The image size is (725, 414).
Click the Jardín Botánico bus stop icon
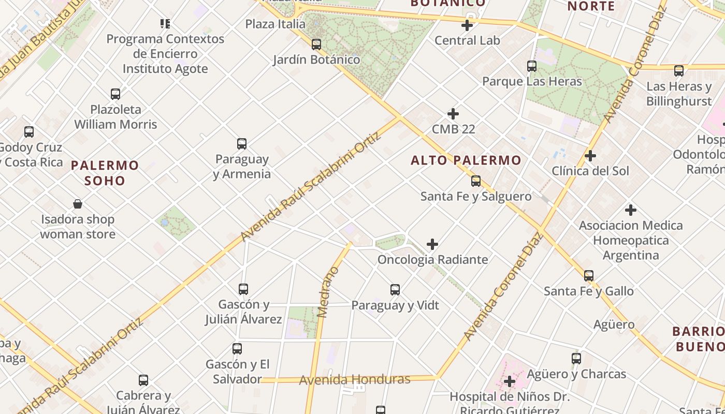click(316, 45)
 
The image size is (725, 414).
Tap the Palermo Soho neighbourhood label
click(105, 173)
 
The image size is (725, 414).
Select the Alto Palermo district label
click(466, 160)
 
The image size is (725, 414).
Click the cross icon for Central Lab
click(467, 25)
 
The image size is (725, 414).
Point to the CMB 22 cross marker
click(453, 114)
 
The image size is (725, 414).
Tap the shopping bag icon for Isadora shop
click(78, 204)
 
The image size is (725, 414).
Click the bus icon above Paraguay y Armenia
click(241, 144)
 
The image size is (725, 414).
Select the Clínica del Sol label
click(590, 171)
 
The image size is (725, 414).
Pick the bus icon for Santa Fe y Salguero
click(476, 181)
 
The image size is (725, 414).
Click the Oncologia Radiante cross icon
click(432, 244)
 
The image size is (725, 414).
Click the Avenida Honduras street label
click(355, 380)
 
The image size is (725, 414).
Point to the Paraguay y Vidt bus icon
click(395, 290)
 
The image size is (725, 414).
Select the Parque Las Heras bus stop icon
click(532, 66)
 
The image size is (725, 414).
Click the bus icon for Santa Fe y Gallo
click(589, 276)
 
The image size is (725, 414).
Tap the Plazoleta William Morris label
click(115, 117)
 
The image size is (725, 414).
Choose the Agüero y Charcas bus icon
click(576, 358)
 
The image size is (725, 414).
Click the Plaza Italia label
click(275, 24)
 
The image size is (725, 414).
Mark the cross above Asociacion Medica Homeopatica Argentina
click(631, 210)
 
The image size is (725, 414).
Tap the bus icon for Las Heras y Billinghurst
click(679, 71)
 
